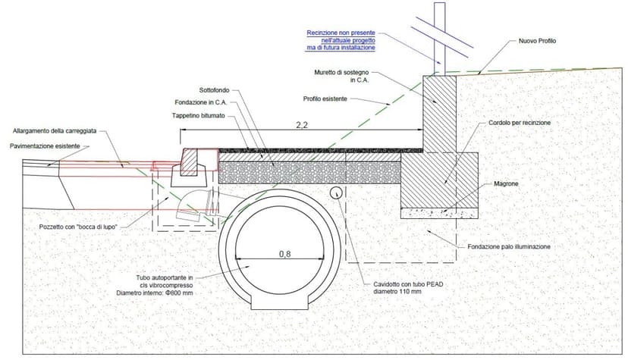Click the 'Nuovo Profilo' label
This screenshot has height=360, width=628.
pos(537,41)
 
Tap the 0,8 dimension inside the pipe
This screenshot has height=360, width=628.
pos(284,255)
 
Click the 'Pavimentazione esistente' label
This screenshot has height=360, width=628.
pos(46,146)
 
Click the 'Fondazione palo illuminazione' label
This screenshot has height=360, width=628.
pos(513,247)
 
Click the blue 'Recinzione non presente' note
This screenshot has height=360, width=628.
pos(341,40)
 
